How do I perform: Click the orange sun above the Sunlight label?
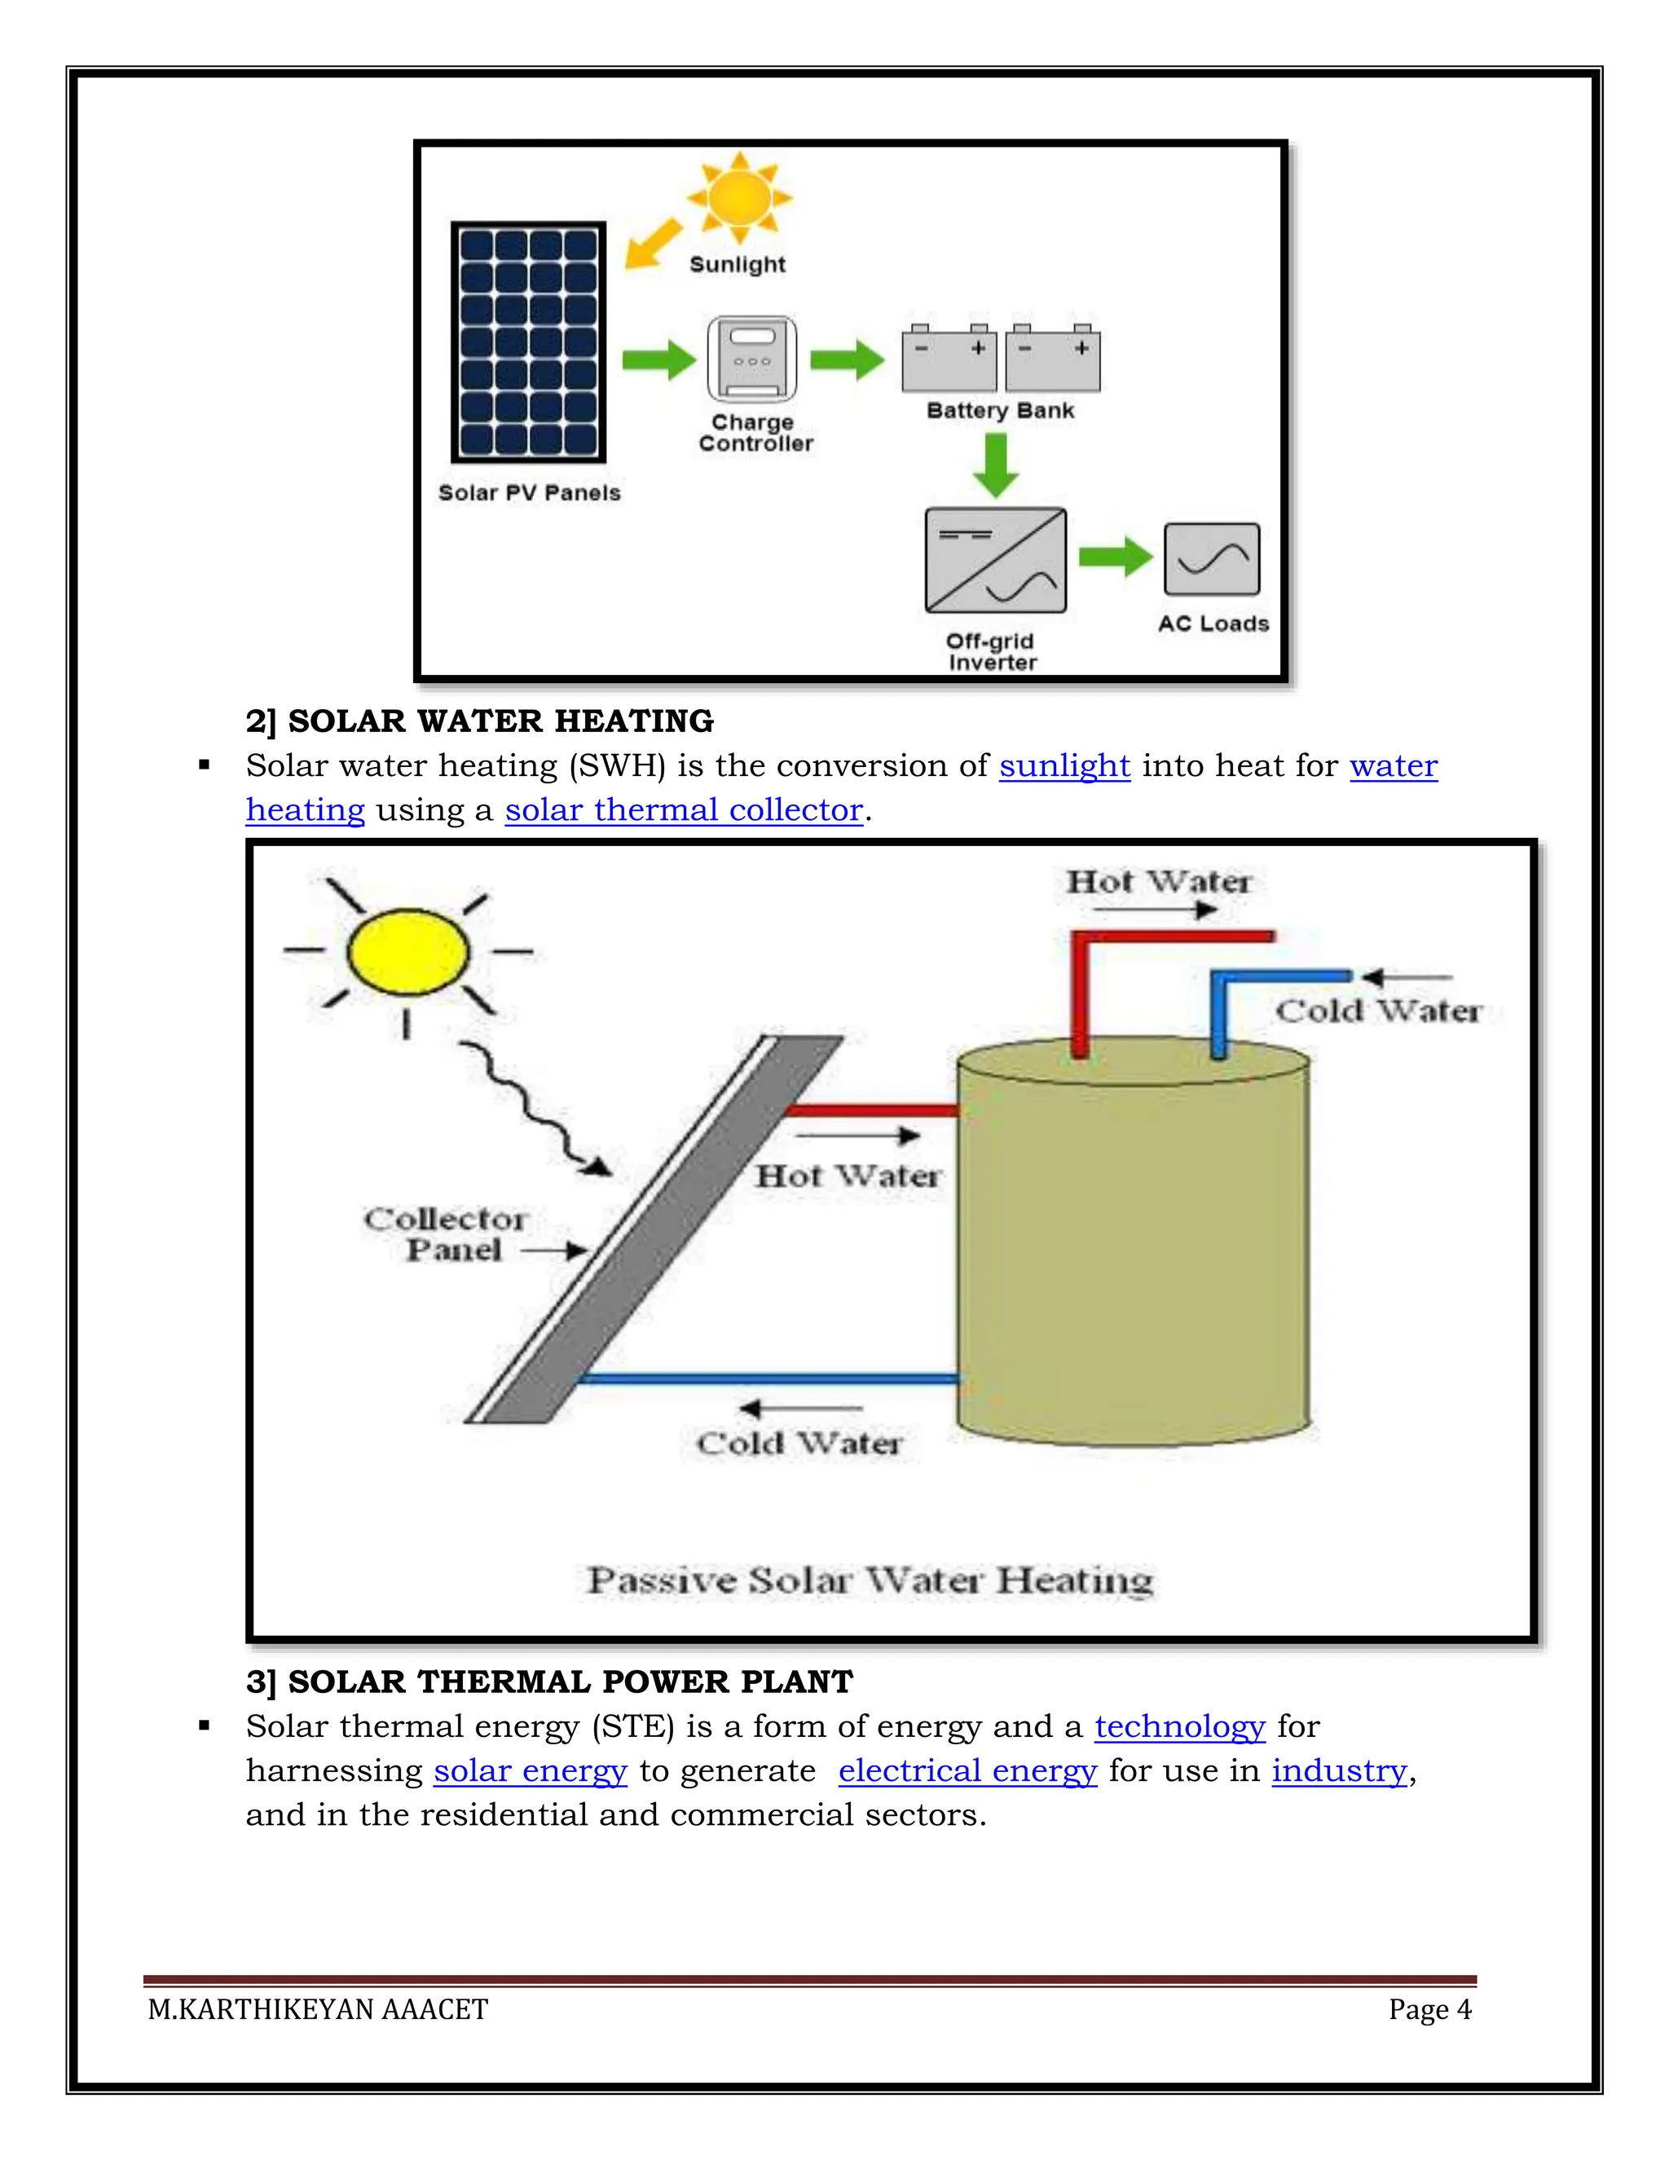click(x=740, y=198)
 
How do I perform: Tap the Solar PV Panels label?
click(x=529, y=492)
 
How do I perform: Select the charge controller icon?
click(x=751, y=359)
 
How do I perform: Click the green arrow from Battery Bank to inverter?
click(x=996, y=465)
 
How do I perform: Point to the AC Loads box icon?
click(x=1211, y=559)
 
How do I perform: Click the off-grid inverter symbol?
click(x=995, y=560)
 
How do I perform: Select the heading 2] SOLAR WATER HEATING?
click(x=479, y=721)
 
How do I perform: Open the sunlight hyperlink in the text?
click(x=1063, y=765)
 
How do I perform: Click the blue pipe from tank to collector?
click(x=767, y=1378)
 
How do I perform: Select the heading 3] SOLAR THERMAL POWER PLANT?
click(x=548, y=1682)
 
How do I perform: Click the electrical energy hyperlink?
click(x=967, y=1770)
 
